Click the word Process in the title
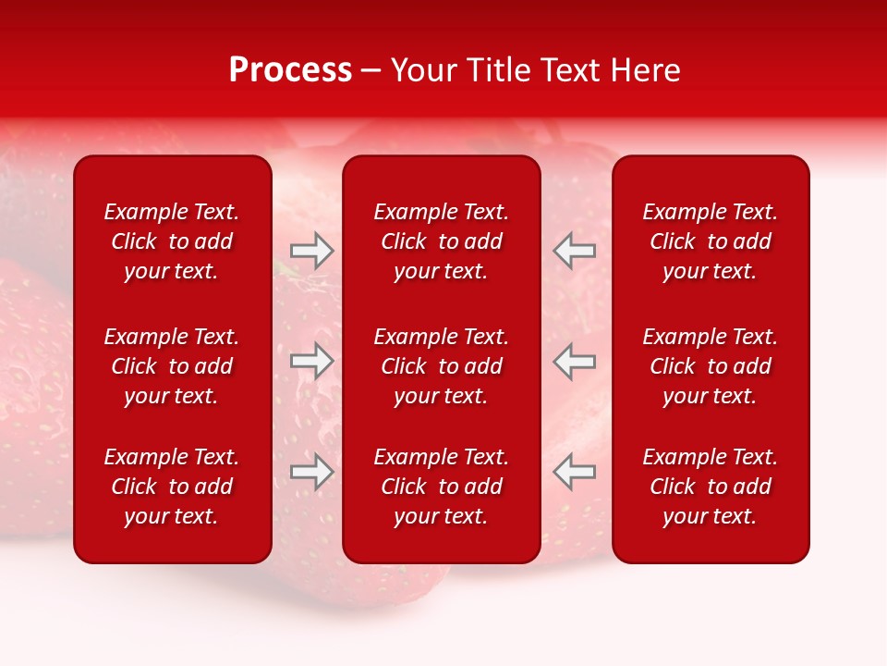[290, 70]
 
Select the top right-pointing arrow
[312, 251]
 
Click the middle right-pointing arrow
[312, 362]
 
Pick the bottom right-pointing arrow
[312, 472]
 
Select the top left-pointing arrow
[575, 251]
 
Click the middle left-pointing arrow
[575, 362]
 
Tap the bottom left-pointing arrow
[575, 472]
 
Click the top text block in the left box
[172, 241]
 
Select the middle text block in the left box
[172, 366]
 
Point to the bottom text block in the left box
[172, 487]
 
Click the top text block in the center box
[441, 241]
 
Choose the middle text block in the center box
[441, 366]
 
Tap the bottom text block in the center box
[441, 487]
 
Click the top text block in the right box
[710, 241]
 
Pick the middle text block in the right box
[710, 366]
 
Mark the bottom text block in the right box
[710, 487]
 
